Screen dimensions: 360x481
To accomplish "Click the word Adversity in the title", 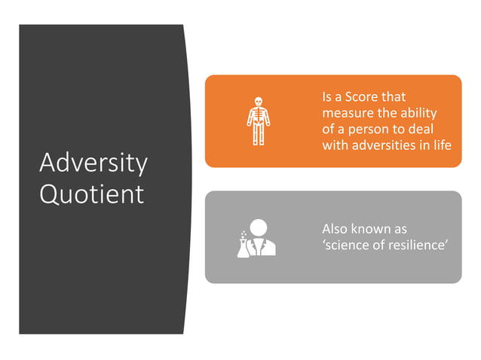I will [93, 163].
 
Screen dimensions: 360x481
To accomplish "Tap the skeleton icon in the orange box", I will [258, 121].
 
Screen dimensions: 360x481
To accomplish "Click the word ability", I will [421, 113].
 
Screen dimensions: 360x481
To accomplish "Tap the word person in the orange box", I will [369, 129].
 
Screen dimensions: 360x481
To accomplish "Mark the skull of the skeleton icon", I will [258, 101].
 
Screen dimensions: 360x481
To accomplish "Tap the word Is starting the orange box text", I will [327, 98].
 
